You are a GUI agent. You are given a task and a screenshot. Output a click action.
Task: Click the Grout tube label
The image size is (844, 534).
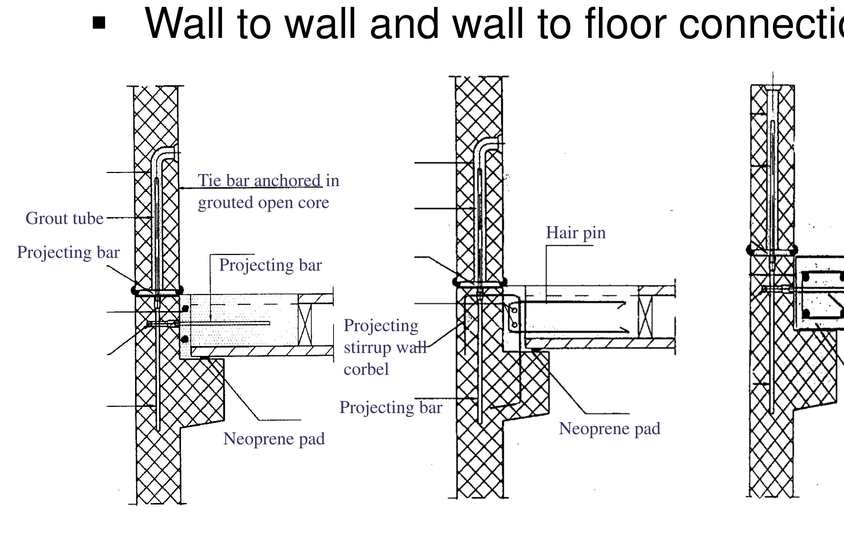pos(64,219)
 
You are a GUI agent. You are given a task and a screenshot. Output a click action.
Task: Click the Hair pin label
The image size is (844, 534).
pos(575,233)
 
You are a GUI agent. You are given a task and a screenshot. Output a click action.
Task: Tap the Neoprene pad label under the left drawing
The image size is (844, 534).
pos(274,439)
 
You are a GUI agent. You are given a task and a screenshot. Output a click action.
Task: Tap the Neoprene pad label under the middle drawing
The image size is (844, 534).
pos(609,429)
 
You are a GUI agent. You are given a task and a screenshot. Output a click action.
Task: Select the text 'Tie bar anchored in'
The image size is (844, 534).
pos(268,181)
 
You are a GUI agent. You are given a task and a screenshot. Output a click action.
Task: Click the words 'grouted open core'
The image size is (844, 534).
pos(263,203)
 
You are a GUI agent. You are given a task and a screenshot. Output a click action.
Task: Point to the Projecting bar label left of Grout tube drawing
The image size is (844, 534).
pos(68,252)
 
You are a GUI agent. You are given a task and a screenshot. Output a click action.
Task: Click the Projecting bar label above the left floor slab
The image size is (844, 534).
pos(270,265)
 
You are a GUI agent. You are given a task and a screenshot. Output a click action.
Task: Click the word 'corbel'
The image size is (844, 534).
pos(366,370)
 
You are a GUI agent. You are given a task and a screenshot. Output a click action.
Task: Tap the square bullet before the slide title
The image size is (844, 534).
pos(99,24)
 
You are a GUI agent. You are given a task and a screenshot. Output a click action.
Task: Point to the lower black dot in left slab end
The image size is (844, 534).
pos(185,339)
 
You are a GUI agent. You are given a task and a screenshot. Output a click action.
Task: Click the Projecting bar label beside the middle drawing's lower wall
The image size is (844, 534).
pos(391,408)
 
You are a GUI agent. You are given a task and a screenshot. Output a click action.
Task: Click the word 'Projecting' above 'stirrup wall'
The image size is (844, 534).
pos(380,326)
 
